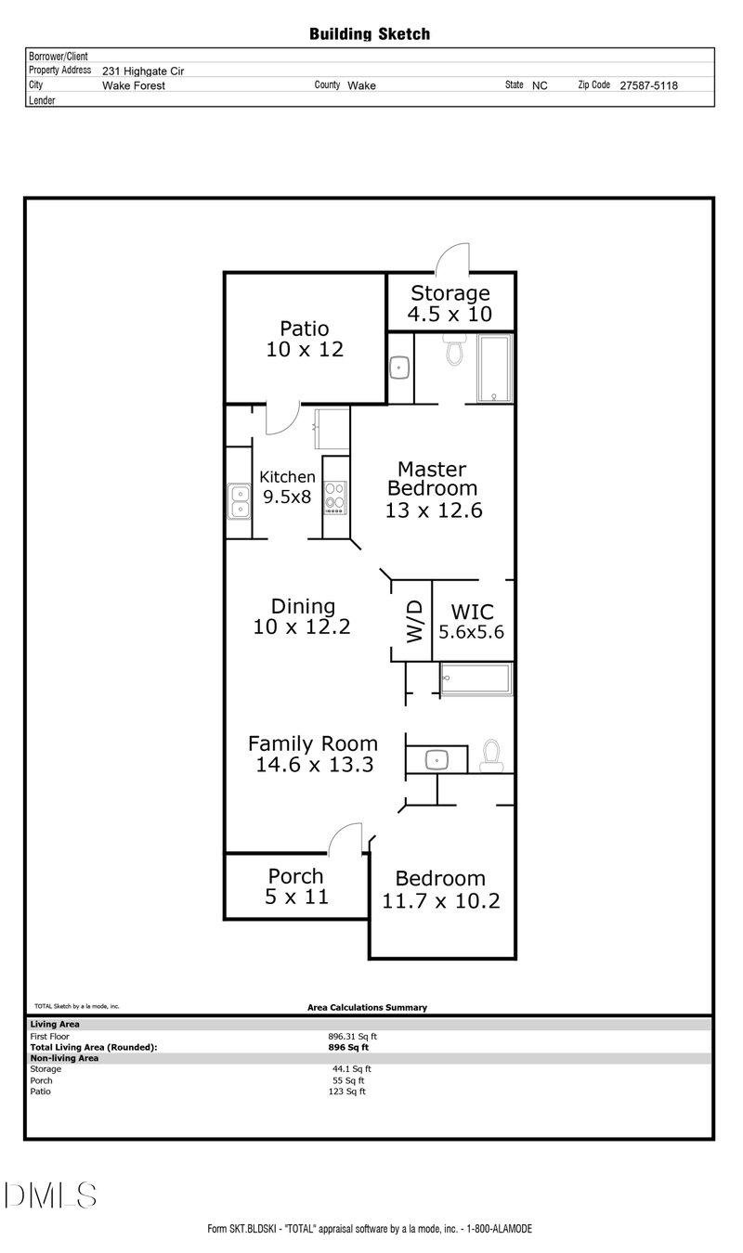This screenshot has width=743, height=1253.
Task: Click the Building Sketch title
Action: [370, 34]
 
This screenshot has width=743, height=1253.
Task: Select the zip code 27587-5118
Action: [648, 84]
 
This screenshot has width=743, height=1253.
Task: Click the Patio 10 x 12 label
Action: [305, 339]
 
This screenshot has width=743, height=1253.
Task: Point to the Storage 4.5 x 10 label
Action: [450, 304]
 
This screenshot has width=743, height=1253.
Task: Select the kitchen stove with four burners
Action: [335, 498]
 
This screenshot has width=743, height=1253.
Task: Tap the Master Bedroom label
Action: [434, 489]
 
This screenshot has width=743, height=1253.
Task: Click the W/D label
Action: [414, 621]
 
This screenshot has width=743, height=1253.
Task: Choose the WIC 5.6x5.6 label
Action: [472, 622]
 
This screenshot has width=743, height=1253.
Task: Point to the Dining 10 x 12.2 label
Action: [302, 616]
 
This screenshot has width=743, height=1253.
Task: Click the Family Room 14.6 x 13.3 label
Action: [313, 754]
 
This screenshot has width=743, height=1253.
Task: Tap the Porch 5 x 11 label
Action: [296, 886]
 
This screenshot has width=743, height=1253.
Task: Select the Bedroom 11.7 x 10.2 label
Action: [441, 889]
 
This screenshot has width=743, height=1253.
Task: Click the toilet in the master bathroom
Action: [455, 351]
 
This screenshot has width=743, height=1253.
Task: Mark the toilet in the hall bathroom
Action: [490, 756]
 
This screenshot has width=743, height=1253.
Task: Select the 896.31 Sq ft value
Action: [352, 1036]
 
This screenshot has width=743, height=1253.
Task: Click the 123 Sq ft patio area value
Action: [349, 1092]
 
